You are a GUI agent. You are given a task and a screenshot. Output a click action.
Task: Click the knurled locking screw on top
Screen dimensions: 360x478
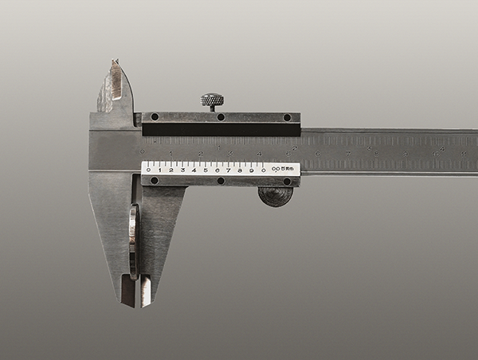pos(211,100)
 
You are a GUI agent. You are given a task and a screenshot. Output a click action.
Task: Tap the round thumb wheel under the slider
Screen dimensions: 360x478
pos(276,196)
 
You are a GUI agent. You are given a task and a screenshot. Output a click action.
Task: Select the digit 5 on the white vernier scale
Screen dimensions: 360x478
pos(206,170)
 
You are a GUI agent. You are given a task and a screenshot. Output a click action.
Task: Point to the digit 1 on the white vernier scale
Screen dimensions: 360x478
pos(159,170)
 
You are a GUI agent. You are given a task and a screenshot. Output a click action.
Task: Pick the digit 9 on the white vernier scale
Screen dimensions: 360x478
pos(252,170)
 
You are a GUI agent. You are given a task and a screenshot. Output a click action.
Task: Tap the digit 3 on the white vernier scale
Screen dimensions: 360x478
pos(182,170)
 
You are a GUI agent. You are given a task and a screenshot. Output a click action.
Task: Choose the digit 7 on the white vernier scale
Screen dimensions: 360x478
pos(229,170)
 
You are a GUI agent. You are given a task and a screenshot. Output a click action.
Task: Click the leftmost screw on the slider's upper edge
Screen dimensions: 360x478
pos(154,117)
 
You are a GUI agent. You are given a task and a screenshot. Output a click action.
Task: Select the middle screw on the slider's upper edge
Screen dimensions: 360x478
pos(221,117)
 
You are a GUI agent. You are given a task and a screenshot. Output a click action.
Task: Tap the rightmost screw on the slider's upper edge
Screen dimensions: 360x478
pos(287,117)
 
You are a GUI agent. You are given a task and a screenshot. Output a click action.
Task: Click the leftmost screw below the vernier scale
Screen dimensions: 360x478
pos(154,181)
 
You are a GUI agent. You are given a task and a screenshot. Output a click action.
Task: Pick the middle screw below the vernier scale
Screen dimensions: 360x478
pos(221,181)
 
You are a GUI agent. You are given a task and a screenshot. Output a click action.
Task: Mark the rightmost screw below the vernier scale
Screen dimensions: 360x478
pos(287,181)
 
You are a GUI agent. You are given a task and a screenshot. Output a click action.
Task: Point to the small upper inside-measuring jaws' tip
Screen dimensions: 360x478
pos(115,62)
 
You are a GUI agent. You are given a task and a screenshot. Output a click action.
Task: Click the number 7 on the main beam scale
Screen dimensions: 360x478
pos(347,152)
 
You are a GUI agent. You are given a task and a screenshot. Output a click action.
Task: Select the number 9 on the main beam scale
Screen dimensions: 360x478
pos(406,152)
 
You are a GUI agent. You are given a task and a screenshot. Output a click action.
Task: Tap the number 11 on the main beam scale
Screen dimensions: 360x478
pos(463,152)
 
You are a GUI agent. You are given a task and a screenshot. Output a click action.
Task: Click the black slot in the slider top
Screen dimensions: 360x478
pos(221,129)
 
